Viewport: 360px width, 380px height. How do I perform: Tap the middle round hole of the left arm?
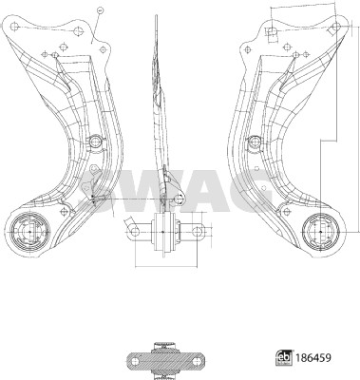click(96, 142)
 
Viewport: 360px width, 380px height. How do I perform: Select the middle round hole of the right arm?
click(254, 142)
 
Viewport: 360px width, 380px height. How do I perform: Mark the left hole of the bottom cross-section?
click(134, 359)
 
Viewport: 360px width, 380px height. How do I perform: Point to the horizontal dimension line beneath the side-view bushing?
click(165, 265)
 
